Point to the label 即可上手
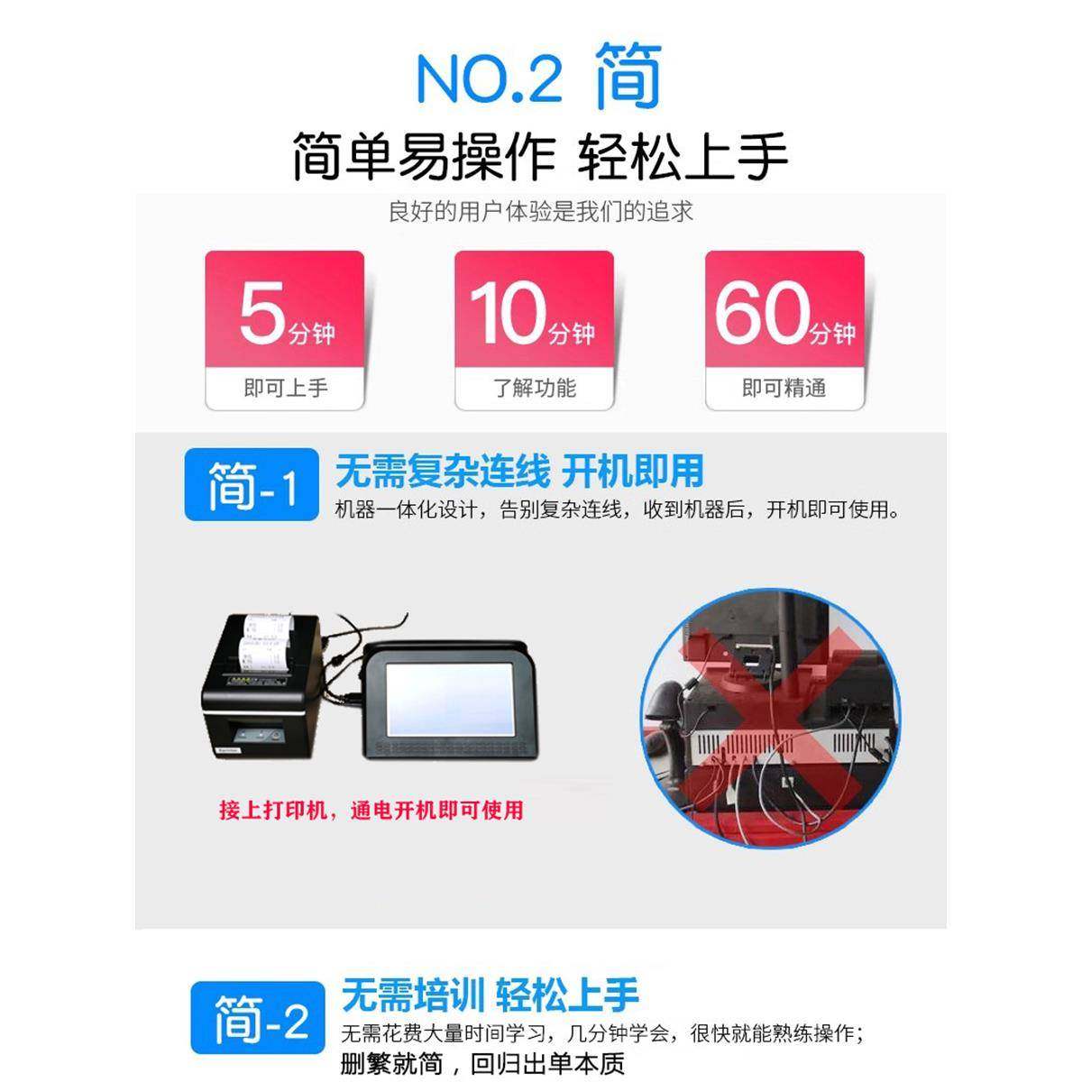click(x=285, y=389)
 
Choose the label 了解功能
click(x=534, y=389)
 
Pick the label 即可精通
click(x=784, y=389)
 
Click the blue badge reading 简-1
click(x=252, y=485)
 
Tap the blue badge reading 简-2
click(x=259, y=1020)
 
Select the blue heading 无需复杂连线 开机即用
click(x=518, y=471)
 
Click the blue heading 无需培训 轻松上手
click(x=490, y=995)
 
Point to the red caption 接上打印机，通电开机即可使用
click(x=371, y=810)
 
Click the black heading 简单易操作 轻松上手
click(x=540, y=156)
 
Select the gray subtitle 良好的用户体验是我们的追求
click(x=540, y=212)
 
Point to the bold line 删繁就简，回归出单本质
click(x=482, y=1064)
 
